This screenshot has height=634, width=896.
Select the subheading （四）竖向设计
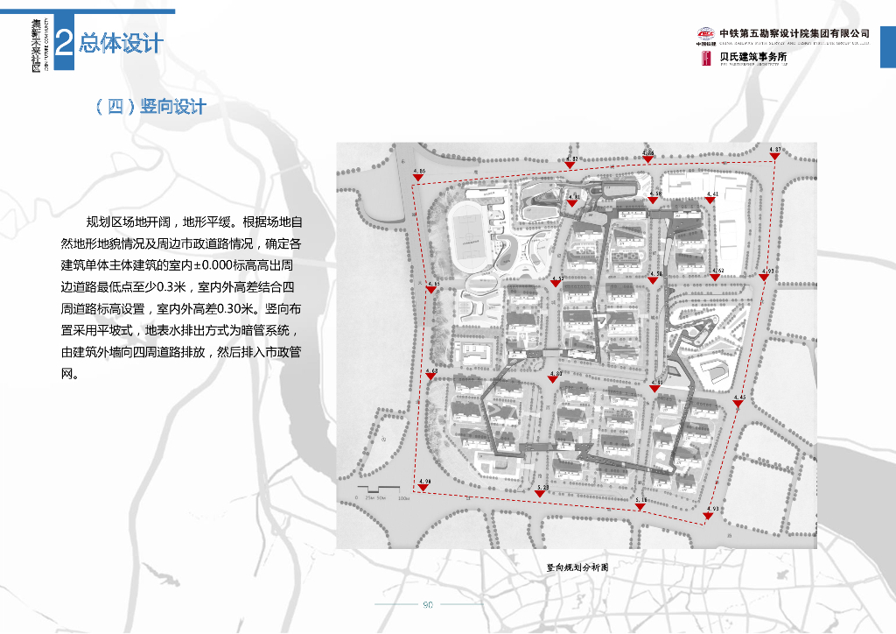pyautogui.click(x=150, y=106)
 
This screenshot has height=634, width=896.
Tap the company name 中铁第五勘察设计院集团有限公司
pyautogui.click(x=794, y=33)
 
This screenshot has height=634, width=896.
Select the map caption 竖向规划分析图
pyautogui.click(x=577, y=567)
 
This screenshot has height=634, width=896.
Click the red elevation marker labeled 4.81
pyautogui.click(x=573, y=203)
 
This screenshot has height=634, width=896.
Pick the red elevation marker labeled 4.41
pyautogui.click(x=711, y=200)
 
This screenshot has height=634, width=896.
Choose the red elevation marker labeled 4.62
pyautogui.click(x=716, y=277)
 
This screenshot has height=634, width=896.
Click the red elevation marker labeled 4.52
pyautogui.click(x=556, y=284)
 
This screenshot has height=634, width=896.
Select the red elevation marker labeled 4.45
pyautogui.click(x=739, y=404)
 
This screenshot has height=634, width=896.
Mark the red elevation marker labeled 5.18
pyautogui.click(x=641, y=505)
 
